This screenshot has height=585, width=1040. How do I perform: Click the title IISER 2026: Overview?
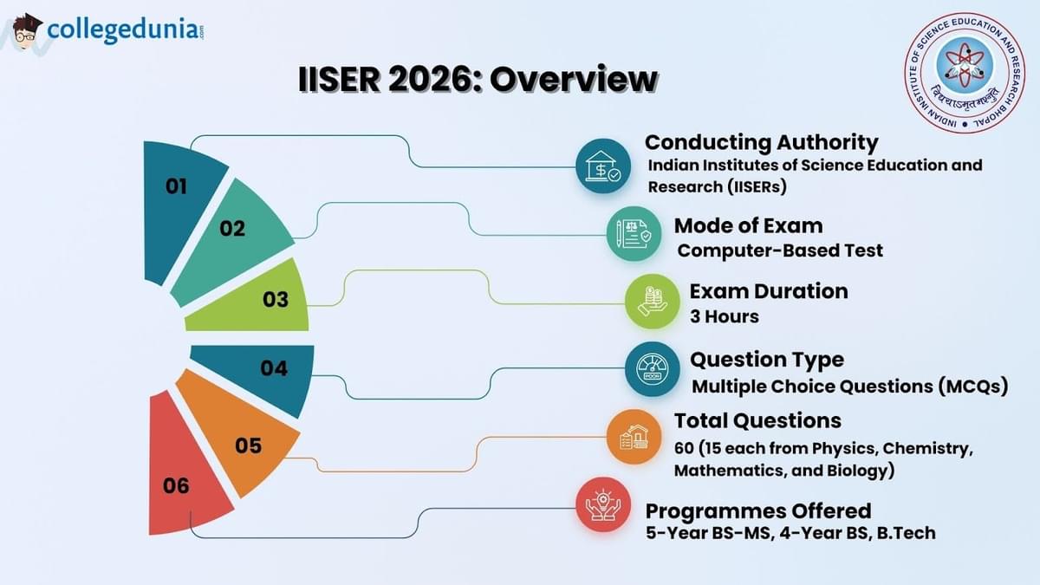coord(478,80)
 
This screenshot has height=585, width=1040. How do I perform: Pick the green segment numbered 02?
coord(234,230)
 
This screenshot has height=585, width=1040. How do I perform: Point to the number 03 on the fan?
coord(276,300)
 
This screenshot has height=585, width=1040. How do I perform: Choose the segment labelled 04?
coord(274,369)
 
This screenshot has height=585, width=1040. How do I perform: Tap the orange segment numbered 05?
coord(247,446)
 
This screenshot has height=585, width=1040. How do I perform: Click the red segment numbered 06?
coord(178,485)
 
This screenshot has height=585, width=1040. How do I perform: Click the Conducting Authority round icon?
coord(602,166)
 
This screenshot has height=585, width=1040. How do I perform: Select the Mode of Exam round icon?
coord(633,234)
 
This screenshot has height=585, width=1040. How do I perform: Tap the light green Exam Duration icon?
coord(652,301)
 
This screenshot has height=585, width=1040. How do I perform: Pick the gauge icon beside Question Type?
coord(652,370)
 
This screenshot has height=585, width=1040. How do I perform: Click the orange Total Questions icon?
coord(633,436)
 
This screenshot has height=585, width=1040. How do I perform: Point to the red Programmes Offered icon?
coord(603,504)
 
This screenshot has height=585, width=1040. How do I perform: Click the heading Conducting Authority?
coord(761,142)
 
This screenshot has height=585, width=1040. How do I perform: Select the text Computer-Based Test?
coord(780,250)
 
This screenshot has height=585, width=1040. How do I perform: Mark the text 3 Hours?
coord(725,316)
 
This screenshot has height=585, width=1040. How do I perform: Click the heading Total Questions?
coord(757,420)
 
